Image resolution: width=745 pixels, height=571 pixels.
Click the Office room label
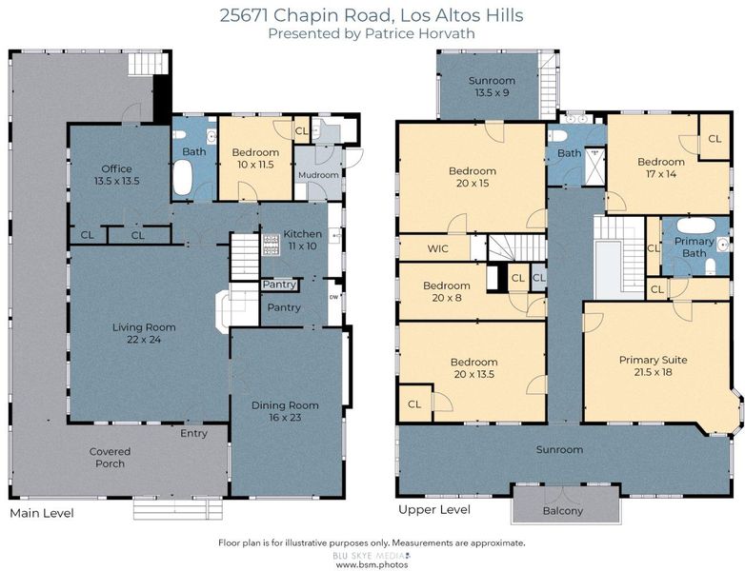pos(116,175)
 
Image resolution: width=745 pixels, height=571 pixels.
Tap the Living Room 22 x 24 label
pos(144,333)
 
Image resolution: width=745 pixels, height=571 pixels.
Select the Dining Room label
pos(285,411)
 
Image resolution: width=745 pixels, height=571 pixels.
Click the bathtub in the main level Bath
pos(183,178)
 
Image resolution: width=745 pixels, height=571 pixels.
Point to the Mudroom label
pos(318,175)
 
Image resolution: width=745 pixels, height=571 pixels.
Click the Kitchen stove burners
pos(272,245)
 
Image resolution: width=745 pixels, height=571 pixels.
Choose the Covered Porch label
pos(110,458)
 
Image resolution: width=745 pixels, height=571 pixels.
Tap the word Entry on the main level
pos(193,433)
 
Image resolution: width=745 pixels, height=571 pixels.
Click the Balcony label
pos(562,511)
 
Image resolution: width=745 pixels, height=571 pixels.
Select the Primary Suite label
pos(654,365)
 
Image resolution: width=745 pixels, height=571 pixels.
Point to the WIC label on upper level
pos(437,248)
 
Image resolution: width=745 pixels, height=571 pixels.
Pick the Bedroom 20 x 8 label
pos(447,291)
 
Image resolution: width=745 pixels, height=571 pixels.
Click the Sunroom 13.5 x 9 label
pos(492,87)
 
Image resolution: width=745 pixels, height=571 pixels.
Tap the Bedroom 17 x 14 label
pos(661,167)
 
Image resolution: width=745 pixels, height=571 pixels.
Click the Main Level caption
pos(42,513)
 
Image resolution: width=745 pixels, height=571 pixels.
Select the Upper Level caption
pos(434,510)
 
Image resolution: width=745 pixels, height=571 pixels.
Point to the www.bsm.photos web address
pos(372,565)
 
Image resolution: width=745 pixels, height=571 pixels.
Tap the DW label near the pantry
pos(334,298)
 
